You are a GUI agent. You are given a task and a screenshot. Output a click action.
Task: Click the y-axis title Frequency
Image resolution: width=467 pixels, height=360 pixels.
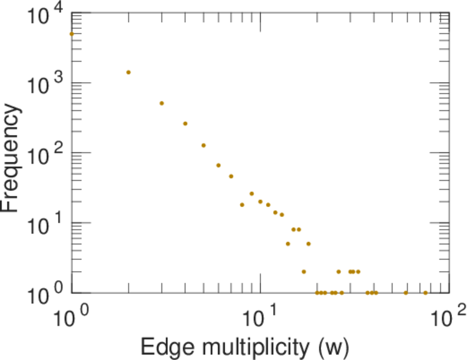coord(12,158)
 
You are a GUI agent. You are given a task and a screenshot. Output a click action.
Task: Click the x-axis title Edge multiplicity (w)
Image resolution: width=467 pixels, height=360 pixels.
coord(244,347)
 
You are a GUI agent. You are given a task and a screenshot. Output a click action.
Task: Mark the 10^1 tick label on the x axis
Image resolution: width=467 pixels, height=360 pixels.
coord(260,314)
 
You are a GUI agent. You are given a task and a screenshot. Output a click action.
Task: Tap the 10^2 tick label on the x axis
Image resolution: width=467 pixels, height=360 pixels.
coord(448,314)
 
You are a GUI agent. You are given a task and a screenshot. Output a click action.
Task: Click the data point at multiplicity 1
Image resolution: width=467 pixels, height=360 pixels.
coord(71,34)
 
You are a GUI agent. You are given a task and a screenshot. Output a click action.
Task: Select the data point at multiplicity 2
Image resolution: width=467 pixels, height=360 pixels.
coord(128,73)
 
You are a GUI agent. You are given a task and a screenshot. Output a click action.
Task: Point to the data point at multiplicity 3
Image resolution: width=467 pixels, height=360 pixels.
coord(161,103)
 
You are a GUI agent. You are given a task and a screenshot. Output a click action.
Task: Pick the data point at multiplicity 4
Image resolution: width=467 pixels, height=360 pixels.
coord(185,124)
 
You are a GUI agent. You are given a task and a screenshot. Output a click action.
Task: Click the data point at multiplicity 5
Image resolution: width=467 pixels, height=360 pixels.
coord(203,145)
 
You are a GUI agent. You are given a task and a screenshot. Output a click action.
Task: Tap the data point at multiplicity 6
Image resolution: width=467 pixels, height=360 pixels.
coord(218,165)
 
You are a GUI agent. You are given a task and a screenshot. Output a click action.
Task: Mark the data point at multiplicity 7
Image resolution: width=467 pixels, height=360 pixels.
coord(231,176)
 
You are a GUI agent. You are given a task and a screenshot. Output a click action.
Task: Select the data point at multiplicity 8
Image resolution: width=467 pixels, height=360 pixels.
coord(242,205)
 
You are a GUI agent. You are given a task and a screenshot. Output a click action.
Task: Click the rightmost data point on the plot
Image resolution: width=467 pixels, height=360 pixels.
coord(426,293)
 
